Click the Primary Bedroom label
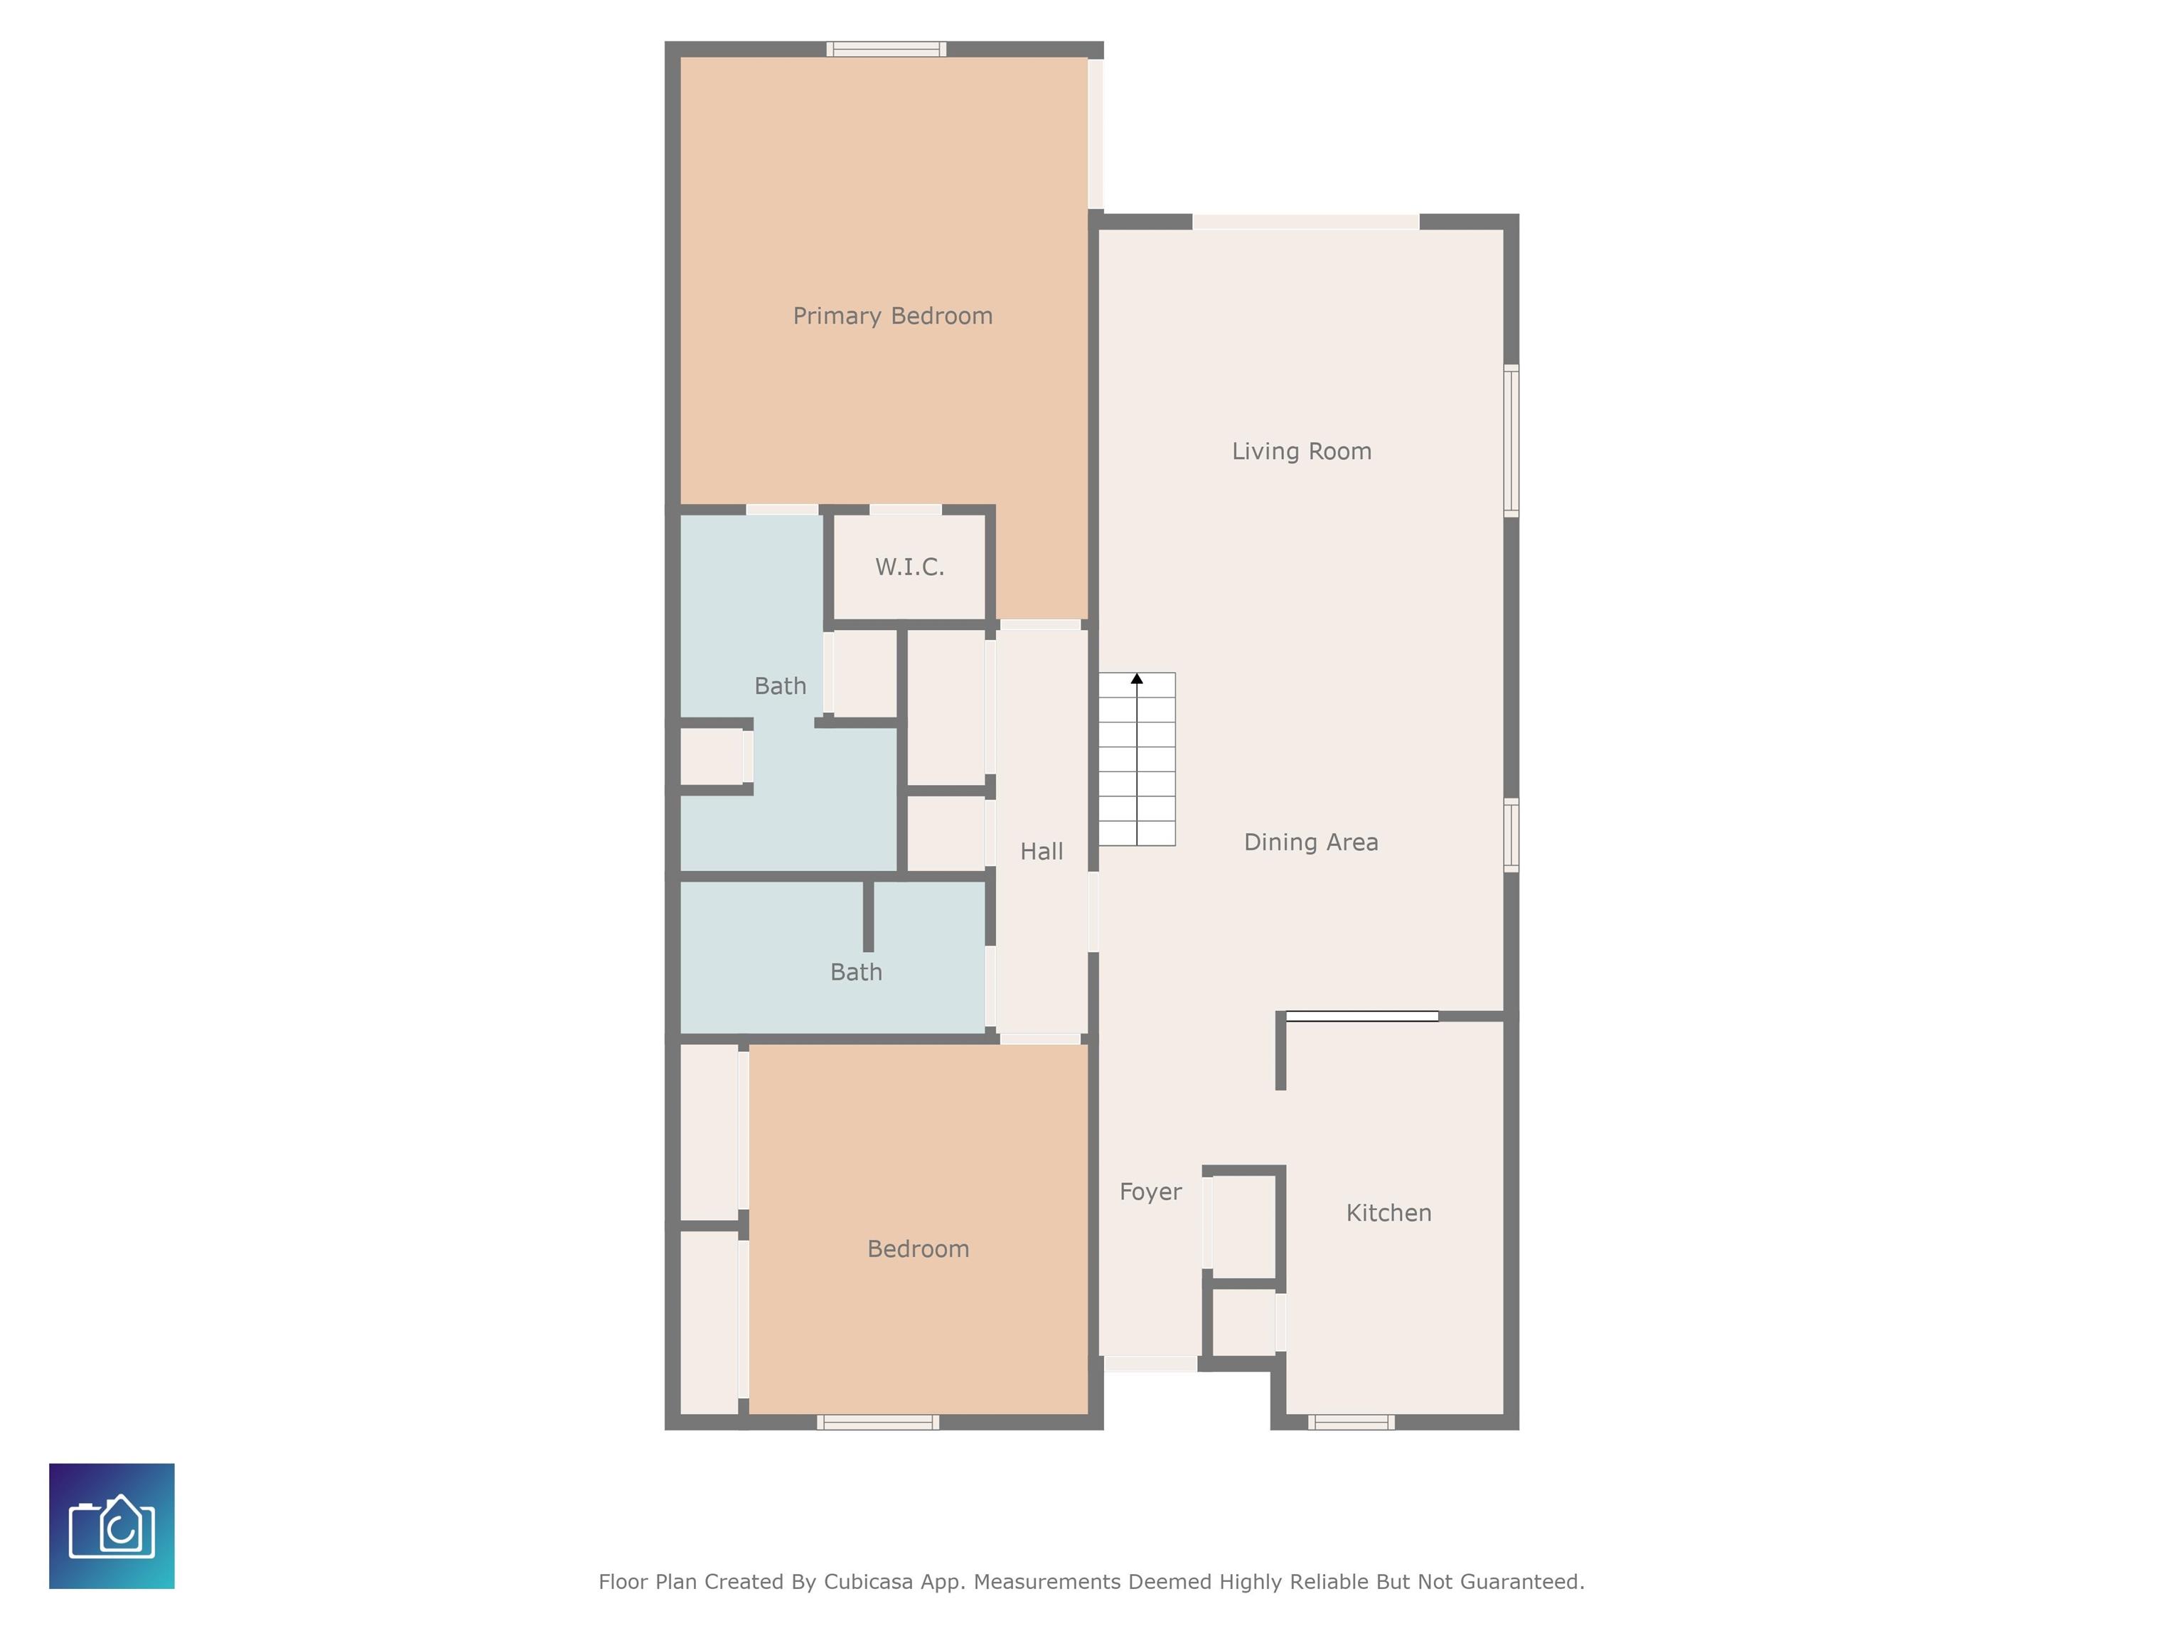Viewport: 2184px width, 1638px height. point(892,316)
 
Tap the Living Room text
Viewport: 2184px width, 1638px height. point(1301,451)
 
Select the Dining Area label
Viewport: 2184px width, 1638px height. point(1311,842)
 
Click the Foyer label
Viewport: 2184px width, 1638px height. point(1150,1192)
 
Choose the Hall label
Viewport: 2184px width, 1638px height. point(1042,851)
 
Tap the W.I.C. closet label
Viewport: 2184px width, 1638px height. point(909,567)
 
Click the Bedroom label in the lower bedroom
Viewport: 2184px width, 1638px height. point(919,1249)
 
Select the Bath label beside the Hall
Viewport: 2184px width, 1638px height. point(856,973)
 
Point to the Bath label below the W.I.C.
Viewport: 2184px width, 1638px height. point(780,686)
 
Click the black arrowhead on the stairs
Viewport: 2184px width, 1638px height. point(1136,678)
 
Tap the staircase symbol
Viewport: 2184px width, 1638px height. point(1136,759)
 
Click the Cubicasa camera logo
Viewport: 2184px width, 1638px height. point(112,1526)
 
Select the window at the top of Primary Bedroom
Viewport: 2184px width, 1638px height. point(887,49)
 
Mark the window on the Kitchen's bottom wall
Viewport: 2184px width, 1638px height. point(1351,1423)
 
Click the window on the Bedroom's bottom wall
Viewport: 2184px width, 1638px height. point(878,1423)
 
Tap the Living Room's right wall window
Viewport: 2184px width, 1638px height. point(1511,440)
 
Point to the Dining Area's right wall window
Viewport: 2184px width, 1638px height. point(1511,835)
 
